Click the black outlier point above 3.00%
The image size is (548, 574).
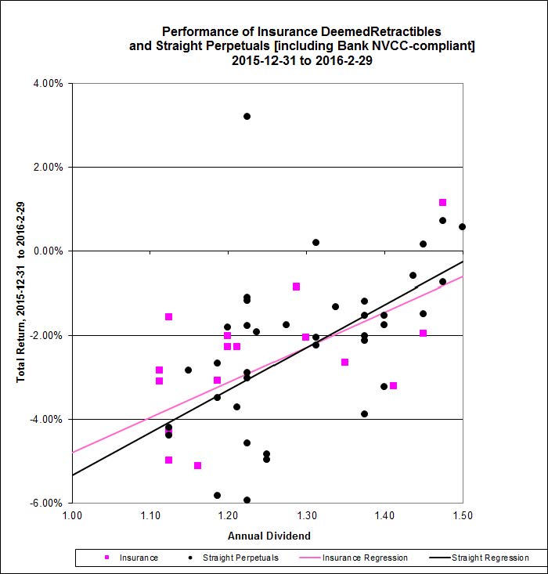tap(247, 116)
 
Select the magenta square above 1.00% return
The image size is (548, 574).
tap(442, 202)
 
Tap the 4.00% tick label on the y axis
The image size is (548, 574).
tap(46, 83)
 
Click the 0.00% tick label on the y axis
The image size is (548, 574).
tap(46, 251)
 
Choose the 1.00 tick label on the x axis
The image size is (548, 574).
tap(71, 516)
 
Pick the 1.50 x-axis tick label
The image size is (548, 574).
tap(462, 516)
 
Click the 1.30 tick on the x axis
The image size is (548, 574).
tap(306, 516)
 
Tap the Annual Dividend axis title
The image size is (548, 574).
tap(267, 536)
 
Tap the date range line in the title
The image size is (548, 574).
tap(301, 61)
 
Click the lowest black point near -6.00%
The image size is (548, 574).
tap(247, 500)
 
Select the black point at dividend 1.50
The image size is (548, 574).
tap(462, 226)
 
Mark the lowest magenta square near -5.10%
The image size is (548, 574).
tap(197, 466)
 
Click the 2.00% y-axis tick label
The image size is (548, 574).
tap(46, 167)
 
